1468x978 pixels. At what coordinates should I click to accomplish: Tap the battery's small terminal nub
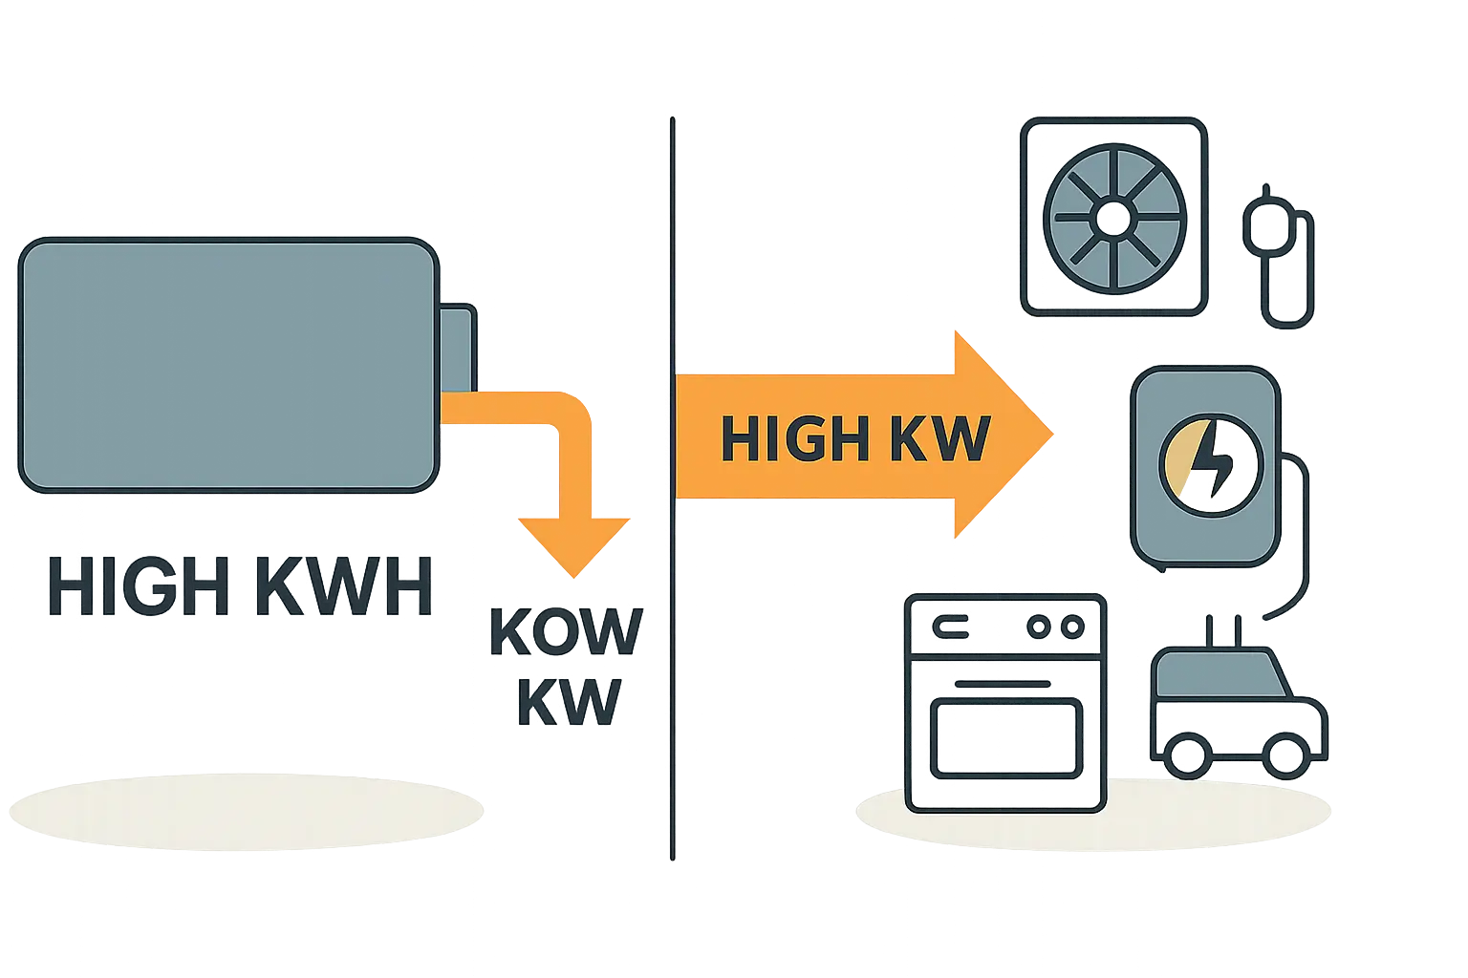(x=458, y=348)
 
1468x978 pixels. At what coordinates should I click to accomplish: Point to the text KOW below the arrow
(x=565, y=632)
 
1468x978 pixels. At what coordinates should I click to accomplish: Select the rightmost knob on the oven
(x=1073, y=627)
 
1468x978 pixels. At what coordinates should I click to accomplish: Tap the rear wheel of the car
(x=1186, y=755)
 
